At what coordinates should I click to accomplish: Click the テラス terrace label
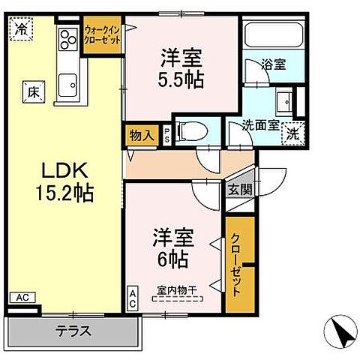(73, 330)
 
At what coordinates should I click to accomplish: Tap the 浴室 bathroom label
(273, 66)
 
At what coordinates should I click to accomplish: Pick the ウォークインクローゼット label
(102, 34)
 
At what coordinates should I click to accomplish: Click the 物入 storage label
(141, 136)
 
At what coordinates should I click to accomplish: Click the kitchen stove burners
(66, 38)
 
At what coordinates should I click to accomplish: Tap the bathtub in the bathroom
(273, 37)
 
